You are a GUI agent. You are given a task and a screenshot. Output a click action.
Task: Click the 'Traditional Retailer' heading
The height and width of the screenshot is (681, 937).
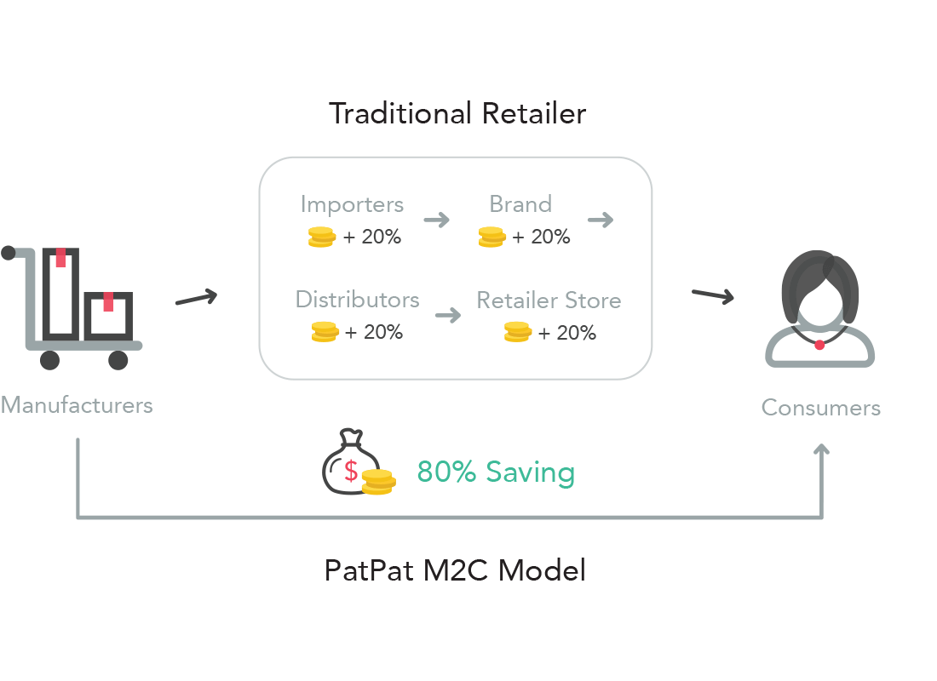tap(457, 114)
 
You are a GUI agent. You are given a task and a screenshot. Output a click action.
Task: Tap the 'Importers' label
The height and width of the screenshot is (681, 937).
tap(352, 205)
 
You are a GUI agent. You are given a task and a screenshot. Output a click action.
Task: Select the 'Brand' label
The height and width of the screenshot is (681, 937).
tap(520, 205)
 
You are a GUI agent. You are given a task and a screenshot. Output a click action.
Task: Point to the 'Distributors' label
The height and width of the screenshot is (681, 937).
tap(357, 300)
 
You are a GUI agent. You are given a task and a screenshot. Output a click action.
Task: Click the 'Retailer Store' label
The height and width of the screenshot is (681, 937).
tap(549, 301)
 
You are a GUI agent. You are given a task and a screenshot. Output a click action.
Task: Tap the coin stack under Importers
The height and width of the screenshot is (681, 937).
tap(321, 237)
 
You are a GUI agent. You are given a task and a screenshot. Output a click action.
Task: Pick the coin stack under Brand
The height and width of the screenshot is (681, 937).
tap(491, 237)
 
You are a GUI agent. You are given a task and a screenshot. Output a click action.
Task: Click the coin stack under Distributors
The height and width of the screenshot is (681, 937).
tap(325, 332)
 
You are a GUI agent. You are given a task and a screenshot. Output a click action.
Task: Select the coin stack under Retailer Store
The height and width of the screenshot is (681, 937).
tap(517, 333)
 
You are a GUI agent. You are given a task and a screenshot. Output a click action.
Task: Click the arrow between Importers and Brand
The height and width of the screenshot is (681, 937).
tap(436, 220)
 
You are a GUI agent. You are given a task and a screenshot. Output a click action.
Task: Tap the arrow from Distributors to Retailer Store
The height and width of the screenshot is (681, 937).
tap(447, 316)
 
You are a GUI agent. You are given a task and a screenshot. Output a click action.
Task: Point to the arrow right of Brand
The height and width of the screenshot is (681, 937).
tap(600, 220)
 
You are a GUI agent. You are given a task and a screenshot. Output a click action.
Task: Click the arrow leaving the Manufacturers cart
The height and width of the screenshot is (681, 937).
tap(196, 298)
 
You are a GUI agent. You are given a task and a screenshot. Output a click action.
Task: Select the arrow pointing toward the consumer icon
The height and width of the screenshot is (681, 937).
tap(712, 295)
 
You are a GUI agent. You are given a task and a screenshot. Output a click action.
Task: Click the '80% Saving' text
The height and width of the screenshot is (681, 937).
tap(496, 472)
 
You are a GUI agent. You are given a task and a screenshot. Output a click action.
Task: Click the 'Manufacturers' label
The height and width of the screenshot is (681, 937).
tap(77, 405)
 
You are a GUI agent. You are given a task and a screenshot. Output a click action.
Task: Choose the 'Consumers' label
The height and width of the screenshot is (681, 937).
tap(820, 408)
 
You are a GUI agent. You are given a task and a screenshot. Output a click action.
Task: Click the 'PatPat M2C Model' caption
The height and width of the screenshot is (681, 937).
tap(455, 570)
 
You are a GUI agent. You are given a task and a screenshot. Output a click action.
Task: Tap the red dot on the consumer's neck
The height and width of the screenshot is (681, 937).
tap(819, 345)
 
